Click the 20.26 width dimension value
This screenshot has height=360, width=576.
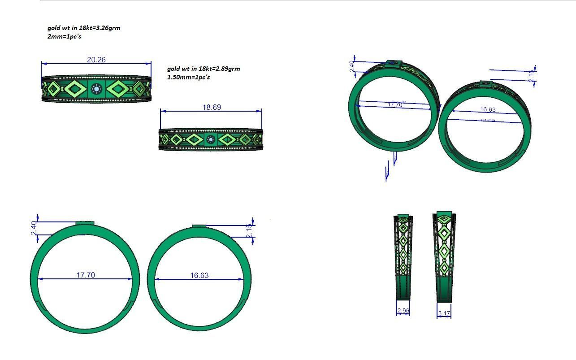pos(96,60)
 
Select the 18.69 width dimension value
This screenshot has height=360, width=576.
pos(212,108)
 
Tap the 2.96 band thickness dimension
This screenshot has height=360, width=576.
pos(403,311)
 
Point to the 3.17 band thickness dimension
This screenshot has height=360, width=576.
pos(444,313)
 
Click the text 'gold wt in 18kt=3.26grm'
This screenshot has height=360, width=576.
pos(84,28)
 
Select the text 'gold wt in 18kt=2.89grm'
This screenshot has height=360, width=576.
pos(204,69)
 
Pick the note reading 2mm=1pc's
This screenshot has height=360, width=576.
pos(64,36)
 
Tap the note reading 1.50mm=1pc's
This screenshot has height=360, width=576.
pos(188,77)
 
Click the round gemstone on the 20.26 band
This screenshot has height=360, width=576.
pos(96,89)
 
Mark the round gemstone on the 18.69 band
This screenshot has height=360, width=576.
pos(211,140)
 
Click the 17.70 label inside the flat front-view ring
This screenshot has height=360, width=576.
pos(85,275)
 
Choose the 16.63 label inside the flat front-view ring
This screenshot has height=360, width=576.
pos(199,275)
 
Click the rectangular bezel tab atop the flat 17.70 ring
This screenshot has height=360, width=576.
pos(85,223)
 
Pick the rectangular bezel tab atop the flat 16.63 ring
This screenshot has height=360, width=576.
pos(199,226)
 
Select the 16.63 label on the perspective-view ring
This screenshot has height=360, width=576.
pos(487,110)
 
